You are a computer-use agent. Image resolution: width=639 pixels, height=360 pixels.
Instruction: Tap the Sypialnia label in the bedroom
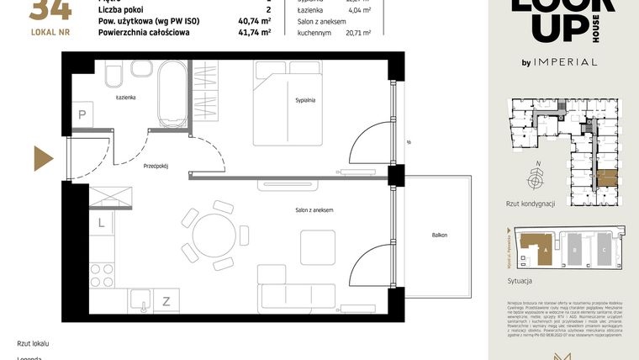pos(305,100)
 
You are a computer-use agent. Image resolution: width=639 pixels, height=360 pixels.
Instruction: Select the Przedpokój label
pos(156,167)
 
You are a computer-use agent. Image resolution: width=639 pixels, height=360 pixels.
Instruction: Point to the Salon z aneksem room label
pos(314,209)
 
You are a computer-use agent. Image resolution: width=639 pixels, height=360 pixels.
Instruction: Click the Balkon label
pos(440,236)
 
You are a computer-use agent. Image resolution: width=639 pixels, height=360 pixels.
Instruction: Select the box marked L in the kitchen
pos(101,223)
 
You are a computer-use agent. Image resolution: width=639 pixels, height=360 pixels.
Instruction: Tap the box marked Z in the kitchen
pos(166,300)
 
